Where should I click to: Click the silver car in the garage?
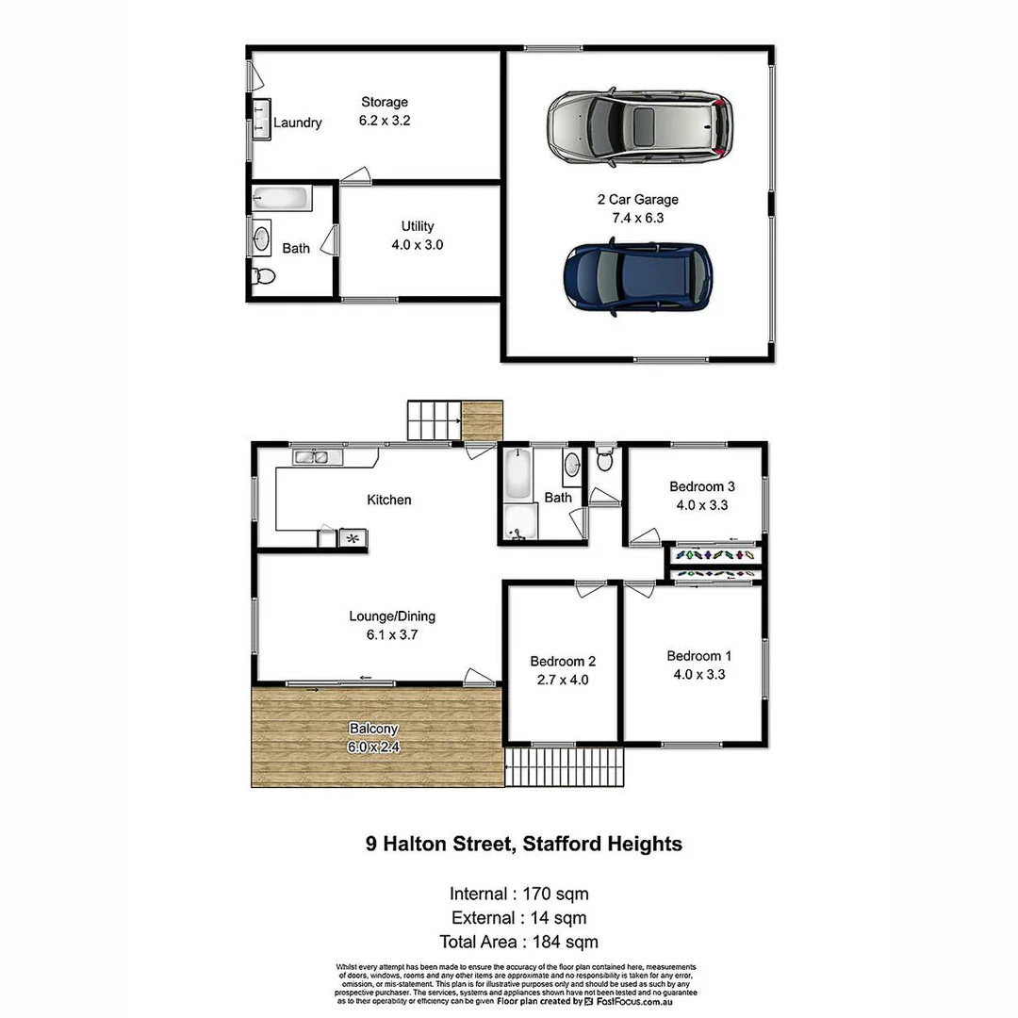[x=639, y=128]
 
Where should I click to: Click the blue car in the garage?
[x=637, y=275]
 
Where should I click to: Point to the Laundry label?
[x=298, y=123]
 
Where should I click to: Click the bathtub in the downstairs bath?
[x=280, y=199]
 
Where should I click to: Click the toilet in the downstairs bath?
[x=263, y=276]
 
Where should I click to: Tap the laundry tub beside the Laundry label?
[x=259, y=119]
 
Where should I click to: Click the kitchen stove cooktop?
[x=353, y=538]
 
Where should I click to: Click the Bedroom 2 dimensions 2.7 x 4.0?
[x=563, y=680]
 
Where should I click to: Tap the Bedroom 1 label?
[x=699, y=656]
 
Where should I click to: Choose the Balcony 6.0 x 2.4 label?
[x=374, y=738]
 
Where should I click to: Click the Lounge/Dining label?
[x=392, y=626]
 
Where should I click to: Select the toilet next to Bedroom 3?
[x=605, y=462]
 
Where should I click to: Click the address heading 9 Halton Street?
[x=523, y=844]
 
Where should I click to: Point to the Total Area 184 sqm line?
[x=518, y=942]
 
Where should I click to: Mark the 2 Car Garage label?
[x=638, y=208]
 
